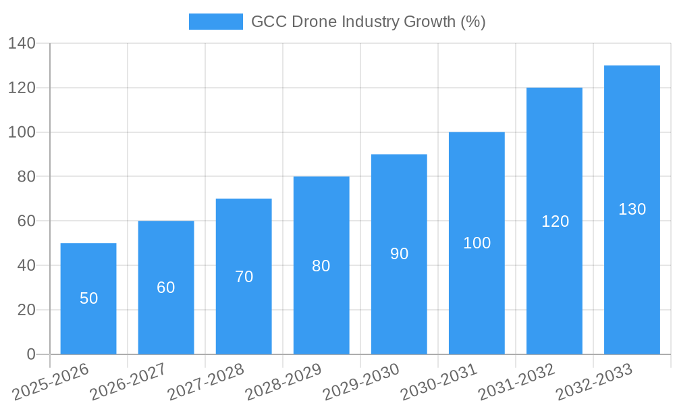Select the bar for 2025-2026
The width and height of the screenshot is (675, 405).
point(88,298)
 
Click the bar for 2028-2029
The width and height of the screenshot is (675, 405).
point(321,265)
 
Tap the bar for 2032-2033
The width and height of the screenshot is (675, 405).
point(632,210)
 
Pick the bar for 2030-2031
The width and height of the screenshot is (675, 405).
point(477,243)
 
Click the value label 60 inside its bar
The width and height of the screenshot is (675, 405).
point(166,288)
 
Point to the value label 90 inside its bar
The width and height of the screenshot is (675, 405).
point(399,254)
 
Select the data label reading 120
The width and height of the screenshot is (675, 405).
point(555,221)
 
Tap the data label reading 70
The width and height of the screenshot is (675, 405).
point(244,277)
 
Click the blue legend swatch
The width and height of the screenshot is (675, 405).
point(215,22)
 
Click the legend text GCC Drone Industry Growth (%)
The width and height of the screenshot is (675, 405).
point(368,22)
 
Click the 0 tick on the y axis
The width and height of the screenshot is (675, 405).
point(30,354)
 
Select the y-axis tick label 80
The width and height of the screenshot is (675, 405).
point(26,177)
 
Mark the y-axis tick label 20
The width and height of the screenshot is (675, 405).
point(26,310)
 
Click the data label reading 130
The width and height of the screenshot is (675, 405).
point(632,209)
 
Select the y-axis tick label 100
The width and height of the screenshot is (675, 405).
point(22,132)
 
